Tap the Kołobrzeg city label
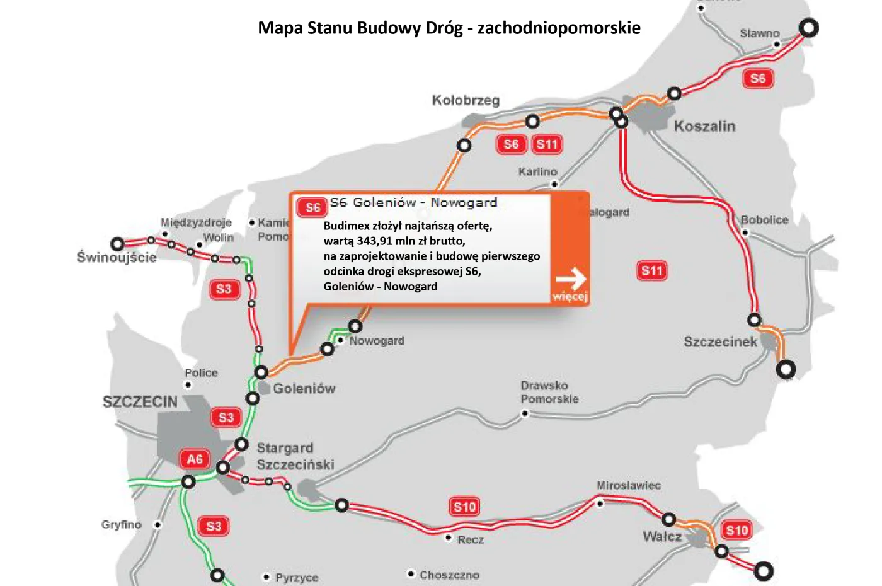[x=466, y=101]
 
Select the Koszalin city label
[x=704, y=127]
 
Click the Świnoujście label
[x=117, y=257]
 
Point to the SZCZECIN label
[x=140, y=402]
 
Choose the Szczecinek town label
[x=720, y=342]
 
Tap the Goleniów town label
[x=304, y=389]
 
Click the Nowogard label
[x=377, y=341]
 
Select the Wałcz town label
[x=662, y=537]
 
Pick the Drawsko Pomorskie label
[x=549, y=392]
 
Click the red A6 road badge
[x=195, y=459]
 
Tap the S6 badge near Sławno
[x=757, y=78]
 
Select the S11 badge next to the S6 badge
[x=547, y=144]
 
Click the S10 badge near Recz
[x=465, y=507]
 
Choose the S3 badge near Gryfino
[x=214, y=526]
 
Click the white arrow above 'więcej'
[x=571, y=277]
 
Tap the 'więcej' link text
[x=570, y=296]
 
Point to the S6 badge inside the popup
[x=312, y=207]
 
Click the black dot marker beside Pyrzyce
[x=266, y=577]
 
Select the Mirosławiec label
[x=628, y=486]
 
